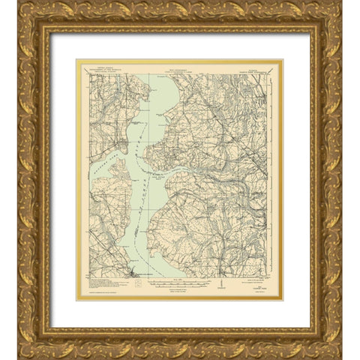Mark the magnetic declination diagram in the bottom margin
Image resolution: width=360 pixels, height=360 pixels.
221,285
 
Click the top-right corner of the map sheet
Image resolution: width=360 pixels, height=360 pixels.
281,61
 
